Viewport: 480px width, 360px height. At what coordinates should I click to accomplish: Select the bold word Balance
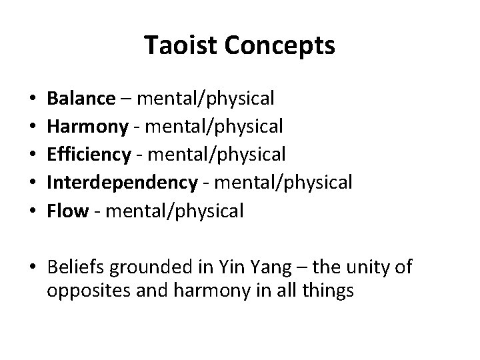coord(81,99)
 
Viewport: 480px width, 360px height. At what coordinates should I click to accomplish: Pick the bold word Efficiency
coord(89,154)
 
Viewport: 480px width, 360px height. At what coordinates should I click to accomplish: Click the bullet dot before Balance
coord(32,99)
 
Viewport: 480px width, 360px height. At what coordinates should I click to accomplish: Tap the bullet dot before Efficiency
coord(32,155)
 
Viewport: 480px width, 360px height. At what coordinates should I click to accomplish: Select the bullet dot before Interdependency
coord(32,183)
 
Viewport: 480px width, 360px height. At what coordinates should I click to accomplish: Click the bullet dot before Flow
coord(32,211)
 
